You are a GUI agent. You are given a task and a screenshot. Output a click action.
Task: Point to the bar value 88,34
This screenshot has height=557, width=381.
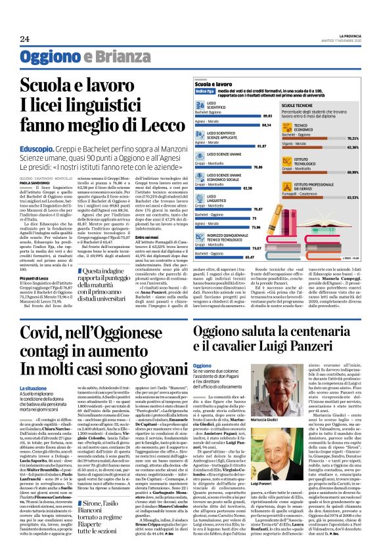tap(265, 124)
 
